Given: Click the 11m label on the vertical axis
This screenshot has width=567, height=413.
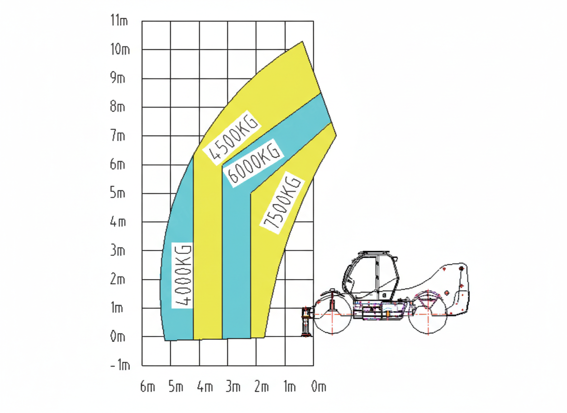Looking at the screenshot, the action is [x=119, y=20].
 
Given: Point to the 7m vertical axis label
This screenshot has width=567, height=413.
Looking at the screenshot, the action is [x=118, y=136].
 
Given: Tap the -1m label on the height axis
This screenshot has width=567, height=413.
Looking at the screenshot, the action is [x=120, y=365].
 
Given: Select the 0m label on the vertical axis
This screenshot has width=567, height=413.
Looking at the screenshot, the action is [x=118, y=337].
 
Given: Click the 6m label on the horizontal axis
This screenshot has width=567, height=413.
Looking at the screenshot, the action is [x=147, y=387].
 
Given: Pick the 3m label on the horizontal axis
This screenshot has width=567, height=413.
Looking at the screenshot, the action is [x=233, y=387].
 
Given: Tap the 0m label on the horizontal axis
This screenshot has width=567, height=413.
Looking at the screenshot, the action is [x=319, y=387].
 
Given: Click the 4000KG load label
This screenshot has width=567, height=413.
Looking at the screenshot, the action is [x=182, y=275].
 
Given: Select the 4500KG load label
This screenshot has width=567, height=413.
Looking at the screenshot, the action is [x=231, y=138].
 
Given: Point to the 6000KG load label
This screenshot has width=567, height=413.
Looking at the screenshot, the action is [x=254, y=162].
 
